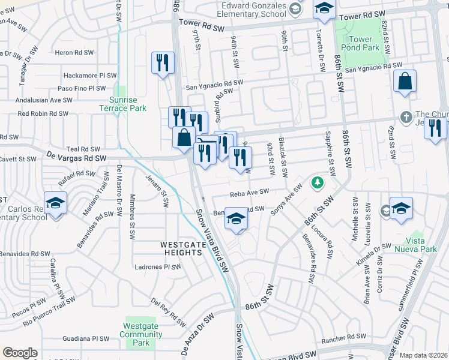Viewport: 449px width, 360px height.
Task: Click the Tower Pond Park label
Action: [366, 43]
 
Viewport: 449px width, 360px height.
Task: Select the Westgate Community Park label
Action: [140, 334]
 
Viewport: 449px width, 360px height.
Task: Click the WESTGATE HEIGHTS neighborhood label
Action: [181, 248]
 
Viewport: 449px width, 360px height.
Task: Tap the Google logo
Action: [20, 353]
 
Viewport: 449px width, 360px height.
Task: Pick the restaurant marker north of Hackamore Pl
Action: [162, 62]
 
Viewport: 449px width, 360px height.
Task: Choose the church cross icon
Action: [406, 115]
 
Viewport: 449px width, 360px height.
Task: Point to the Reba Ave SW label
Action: [249, 193]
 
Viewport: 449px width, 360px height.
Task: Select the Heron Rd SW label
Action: [74, 53]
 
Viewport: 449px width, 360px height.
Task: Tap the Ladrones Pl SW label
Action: [157, 267]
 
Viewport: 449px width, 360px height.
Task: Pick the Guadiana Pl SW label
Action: [83, 339]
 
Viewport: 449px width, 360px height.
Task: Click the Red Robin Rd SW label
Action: [43, 113]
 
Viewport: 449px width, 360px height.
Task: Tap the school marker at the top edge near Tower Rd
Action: [324, 8]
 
